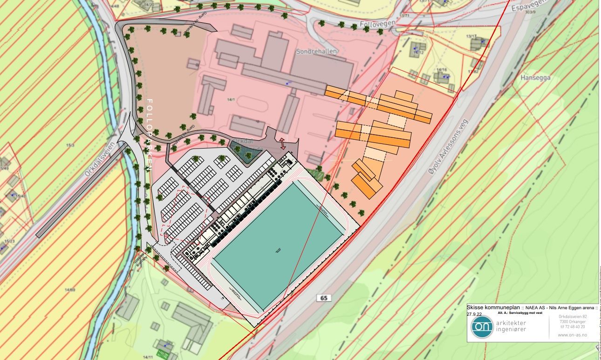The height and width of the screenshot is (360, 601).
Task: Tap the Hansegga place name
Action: tap(535, 78)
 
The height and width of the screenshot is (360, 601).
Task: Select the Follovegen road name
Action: tap(377, 23)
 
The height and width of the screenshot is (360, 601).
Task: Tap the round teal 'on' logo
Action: tap(482, 326)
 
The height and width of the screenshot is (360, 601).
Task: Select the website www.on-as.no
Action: tap(572, 335)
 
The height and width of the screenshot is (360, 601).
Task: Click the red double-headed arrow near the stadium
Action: tap(282, 144)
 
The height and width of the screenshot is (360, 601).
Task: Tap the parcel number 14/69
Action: tap(70, 290)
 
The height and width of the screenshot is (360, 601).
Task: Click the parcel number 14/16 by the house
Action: tap(441, 70)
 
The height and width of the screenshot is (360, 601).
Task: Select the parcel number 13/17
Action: tap(471, 36)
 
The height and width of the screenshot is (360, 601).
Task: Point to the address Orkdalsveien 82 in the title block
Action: tap(574, 317)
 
